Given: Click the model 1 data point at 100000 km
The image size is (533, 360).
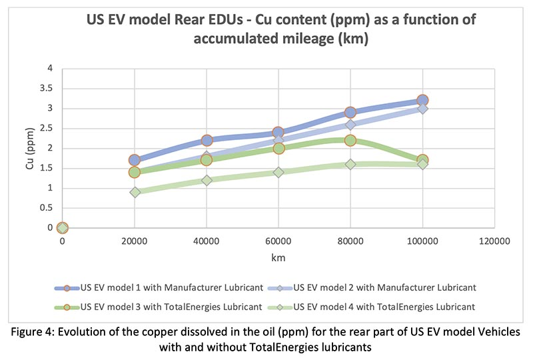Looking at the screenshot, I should [x=422, y=100].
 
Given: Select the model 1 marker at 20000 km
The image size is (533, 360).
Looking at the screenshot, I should [x=135, y=160].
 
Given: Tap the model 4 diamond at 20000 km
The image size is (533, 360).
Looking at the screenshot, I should [x=135, y=192].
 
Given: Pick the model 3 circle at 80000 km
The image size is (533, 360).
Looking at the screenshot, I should [x=350, y=140].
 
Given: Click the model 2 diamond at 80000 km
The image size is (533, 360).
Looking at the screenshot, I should [x=350, y=124].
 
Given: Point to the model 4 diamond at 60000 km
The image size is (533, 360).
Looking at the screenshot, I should [x=278, y=172].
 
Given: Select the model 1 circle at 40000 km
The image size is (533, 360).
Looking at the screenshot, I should [x=207, y=140].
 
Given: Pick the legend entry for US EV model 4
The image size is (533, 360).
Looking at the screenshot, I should [x=385, y=307].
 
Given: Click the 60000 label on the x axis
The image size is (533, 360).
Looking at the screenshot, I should [x=278, y=241].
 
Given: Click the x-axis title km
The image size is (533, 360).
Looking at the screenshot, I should [x=278, y=257].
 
